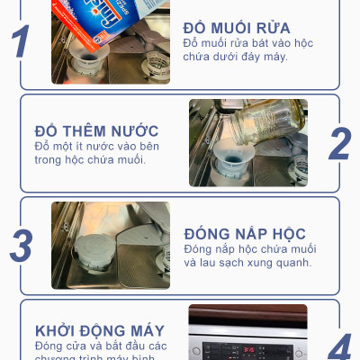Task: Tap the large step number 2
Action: click(339, 144)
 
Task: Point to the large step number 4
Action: click(339, 346)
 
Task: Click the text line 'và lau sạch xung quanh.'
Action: click(247, 263)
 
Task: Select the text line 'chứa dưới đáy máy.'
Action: click(237, 58)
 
